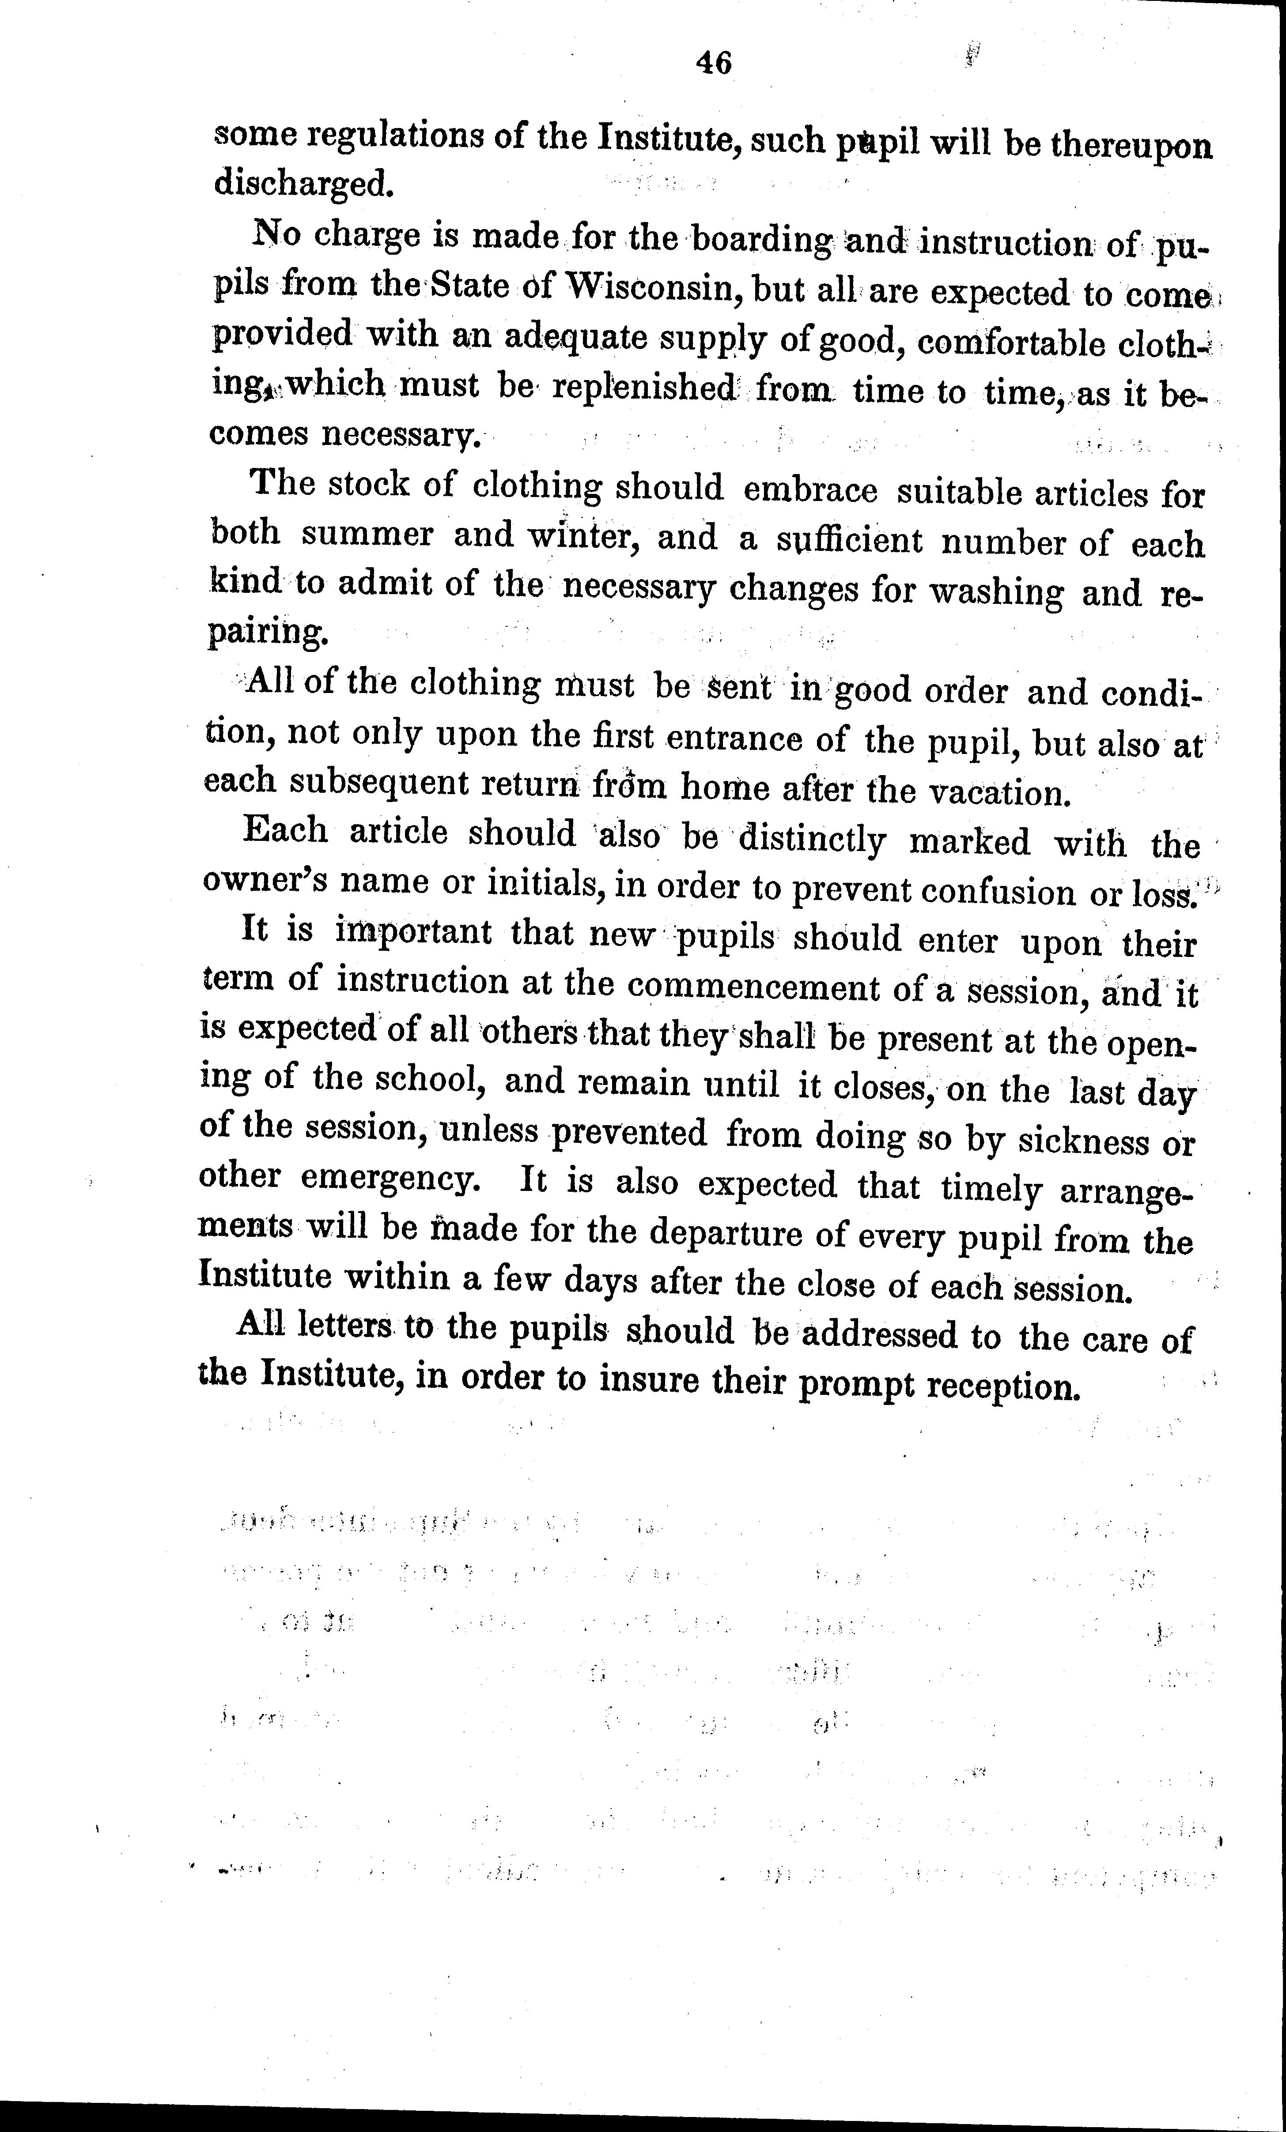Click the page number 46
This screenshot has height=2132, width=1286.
(713, 62)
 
